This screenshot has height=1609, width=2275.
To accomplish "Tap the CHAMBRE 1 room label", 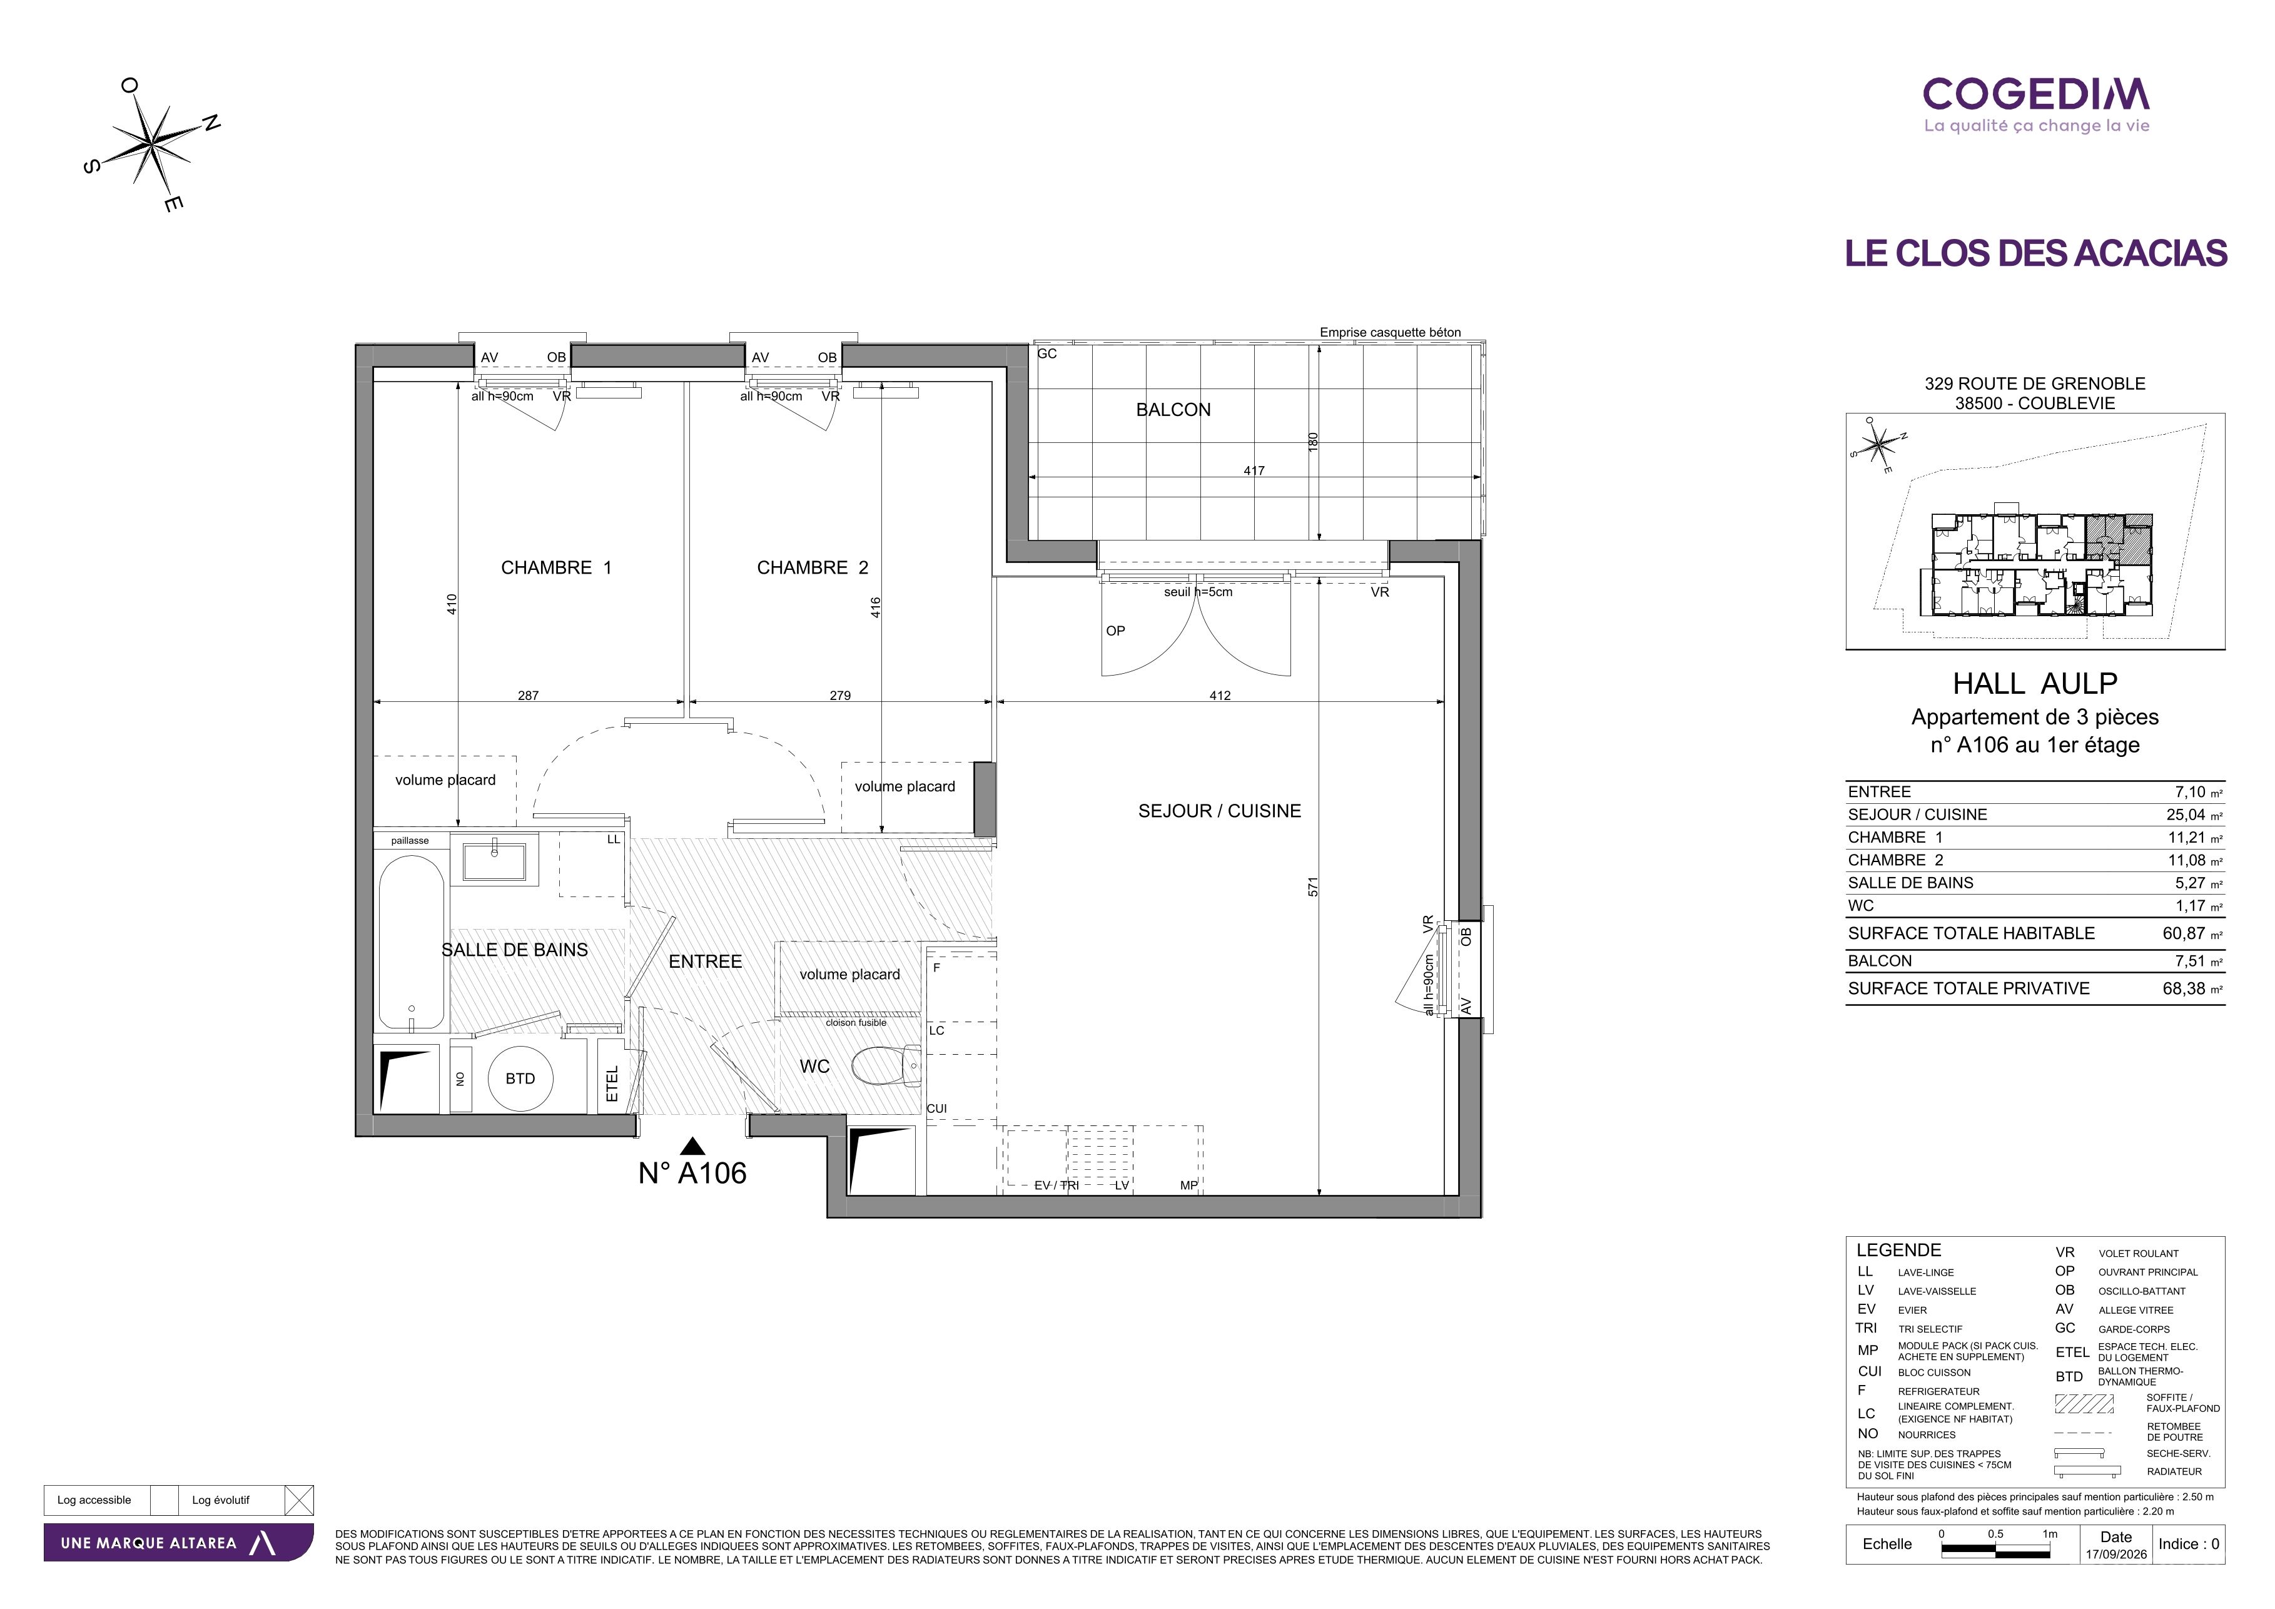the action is [556, 567].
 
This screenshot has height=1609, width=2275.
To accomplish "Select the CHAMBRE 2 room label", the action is [813, 567].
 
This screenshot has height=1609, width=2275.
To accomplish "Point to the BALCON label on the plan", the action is [1173, 409].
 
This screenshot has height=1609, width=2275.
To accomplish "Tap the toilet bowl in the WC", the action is [887, 1066].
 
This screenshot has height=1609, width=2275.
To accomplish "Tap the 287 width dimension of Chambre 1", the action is [528, 696].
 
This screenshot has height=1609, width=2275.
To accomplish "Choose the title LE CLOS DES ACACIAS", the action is [2036, 253].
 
